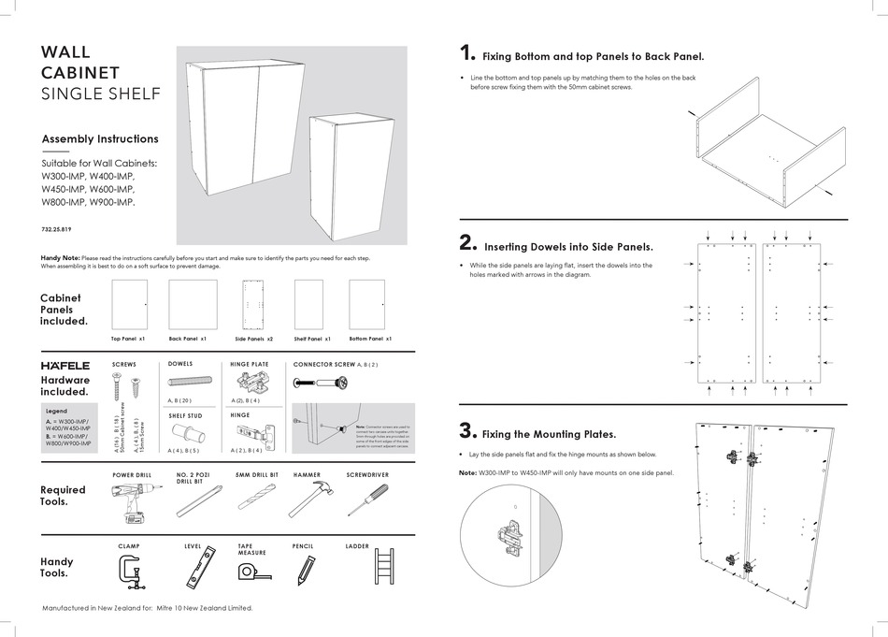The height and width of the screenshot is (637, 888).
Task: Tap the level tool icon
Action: coord(199,570)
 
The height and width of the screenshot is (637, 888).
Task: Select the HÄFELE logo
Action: coord(65,365)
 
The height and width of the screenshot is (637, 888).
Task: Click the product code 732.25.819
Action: coord(57,229)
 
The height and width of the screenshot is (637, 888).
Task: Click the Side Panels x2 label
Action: coord(253,339)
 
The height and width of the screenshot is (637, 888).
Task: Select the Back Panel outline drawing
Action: coord(193,305)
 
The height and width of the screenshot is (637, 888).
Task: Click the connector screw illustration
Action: coord(322,382)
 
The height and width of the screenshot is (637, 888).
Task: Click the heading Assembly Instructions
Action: coord(100,138)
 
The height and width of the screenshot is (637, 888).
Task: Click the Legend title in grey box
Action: coord(56,411)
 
